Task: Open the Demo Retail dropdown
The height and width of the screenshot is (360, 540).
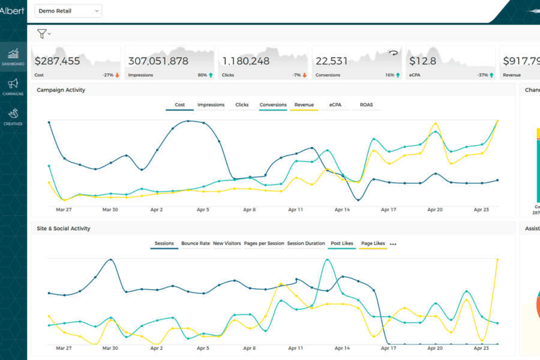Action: coord(68,11)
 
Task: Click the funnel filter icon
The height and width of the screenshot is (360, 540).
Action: coord(42,34)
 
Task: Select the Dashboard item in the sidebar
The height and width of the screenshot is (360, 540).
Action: coord(13,57)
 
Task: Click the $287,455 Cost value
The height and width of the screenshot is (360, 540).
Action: coord(57,61)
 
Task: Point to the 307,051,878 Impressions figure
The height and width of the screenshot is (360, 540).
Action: coord(158,61)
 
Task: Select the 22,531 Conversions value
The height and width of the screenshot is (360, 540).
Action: coord(331,61)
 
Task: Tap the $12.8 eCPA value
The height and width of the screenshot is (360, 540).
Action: coord(422,61)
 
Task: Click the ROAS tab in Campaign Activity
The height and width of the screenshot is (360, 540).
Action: coord(366,105)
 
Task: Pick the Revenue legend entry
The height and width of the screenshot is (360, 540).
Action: coord(304,105)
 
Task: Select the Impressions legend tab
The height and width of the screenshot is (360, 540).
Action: coord(211,105)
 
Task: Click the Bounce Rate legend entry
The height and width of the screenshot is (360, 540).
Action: coord(196,244)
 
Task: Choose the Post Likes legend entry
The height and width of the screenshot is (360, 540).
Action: coord(342,244)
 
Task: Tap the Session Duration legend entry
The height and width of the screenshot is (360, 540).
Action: coord(306,244)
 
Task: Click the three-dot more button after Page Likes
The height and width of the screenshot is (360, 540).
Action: coord(393,244)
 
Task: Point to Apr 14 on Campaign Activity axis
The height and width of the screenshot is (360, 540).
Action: coord(342,210)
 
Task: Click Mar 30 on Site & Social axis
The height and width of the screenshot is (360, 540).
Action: coord(110,348)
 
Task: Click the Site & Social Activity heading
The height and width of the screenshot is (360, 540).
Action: coord(64,229)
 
